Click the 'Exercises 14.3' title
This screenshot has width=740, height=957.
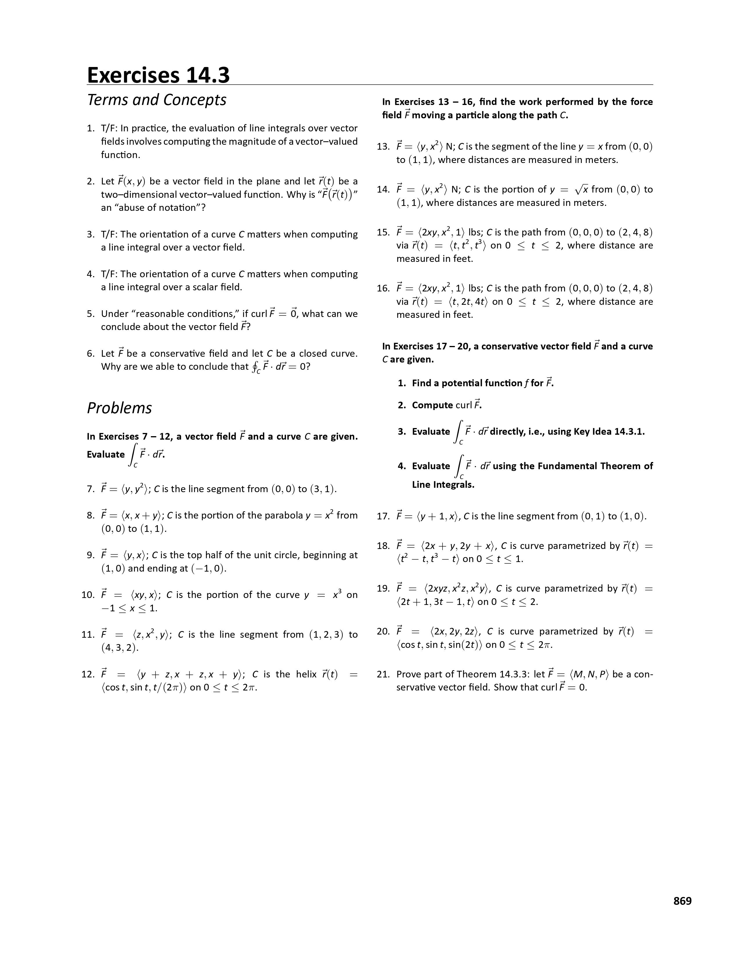click(158, 75)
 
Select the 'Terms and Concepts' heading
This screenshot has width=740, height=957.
click(156, 100)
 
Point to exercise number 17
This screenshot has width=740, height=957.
click(383, 516)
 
